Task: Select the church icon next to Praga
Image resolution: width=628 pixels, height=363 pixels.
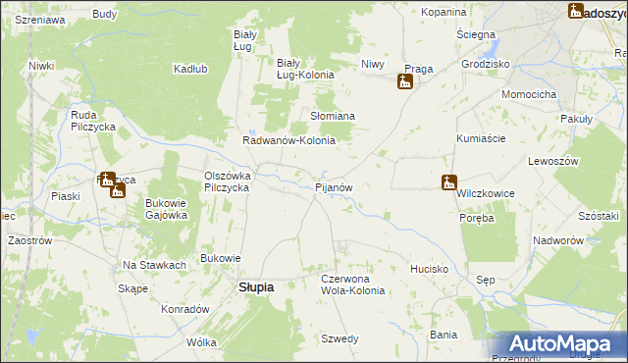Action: pyautogui.click(x=404, y=82)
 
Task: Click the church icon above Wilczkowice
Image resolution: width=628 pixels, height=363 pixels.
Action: pyautogui.click(x=448, y=181)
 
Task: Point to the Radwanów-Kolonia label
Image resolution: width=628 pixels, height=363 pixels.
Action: pyautogui.click(x=289, y=140)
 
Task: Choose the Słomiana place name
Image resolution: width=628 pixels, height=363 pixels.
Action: pyautogui.click(x=333, y=116)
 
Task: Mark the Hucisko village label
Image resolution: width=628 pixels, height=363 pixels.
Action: pyautogui.click(x=430, y=268)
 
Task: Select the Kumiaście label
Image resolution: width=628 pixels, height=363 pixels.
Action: pyautogui.click(x=481, y=139)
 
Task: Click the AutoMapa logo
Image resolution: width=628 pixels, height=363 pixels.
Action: pyautogui.click(x=570, y=343)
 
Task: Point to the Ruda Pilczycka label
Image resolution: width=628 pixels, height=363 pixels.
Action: pyautogui.click(x=94, y=121)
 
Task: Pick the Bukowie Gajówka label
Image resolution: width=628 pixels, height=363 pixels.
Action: pyautogui.click(x=166, y=209)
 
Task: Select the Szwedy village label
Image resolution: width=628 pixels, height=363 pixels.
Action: pyautogui.click(x=340, y=338)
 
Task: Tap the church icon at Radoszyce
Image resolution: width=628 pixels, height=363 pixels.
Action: pyautogui.click(x=576, y=12)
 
